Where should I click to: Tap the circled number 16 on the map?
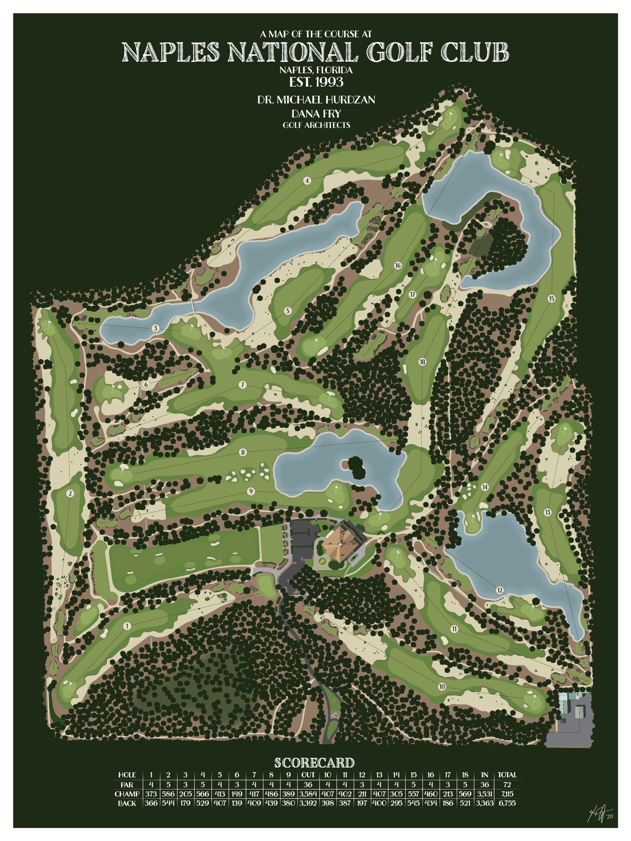[x=398, y=265]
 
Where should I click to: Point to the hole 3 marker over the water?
[x=155, y=328]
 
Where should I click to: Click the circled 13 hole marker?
[x=547, y=512]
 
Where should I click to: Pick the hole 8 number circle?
[x=243, y=452]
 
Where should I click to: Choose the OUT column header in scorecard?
[x=308, y=774]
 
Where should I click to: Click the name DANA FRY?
[x=316, y=113]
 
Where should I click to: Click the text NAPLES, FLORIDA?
[x=316, y=70]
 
